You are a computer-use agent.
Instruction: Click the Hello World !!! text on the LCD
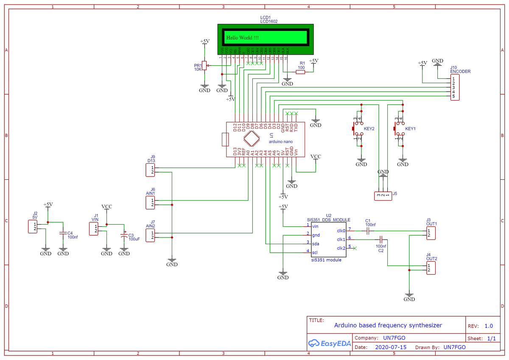[243, 38]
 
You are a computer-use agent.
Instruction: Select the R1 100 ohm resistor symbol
[300, 72]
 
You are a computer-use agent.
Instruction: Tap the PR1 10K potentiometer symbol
[204, 66]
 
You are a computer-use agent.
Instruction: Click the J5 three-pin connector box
[383, 195]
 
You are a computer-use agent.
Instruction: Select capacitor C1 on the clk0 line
[368, 231]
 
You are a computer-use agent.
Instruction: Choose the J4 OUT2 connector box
[431, 268]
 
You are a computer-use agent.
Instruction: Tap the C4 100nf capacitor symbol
[63, 233]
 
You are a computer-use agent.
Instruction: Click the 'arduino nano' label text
[280, 142]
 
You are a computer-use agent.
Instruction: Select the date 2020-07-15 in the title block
[391, 347]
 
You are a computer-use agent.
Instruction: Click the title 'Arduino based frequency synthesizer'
[388, 326]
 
